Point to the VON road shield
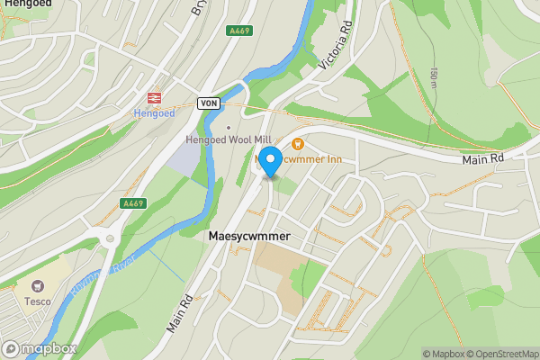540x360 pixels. [x=209, y=104]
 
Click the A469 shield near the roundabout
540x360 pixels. [x=133, y=204]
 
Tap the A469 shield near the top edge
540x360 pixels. [x=239, y=31]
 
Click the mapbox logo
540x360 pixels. [x=40, y=348]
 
